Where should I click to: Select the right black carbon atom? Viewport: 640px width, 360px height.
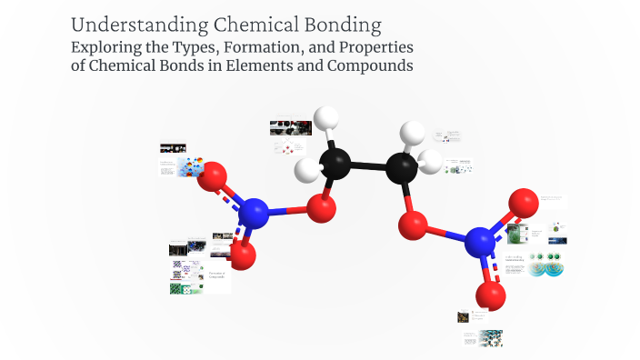[x=401, y=167]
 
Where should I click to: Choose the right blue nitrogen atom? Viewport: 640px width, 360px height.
[x=480, y=243]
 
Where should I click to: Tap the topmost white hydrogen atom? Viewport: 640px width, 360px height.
[x=325, y=119]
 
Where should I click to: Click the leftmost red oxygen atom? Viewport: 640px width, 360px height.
[x=214, y=175]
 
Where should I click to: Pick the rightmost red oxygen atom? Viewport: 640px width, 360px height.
[x=524, y=202]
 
